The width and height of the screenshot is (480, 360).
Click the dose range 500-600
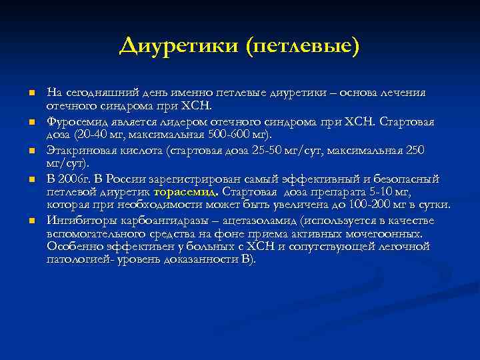pyautogui.click(x=225, y=135)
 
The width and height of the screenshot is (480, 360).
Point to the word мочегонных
pyautogui.click(x=388, y=233)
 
